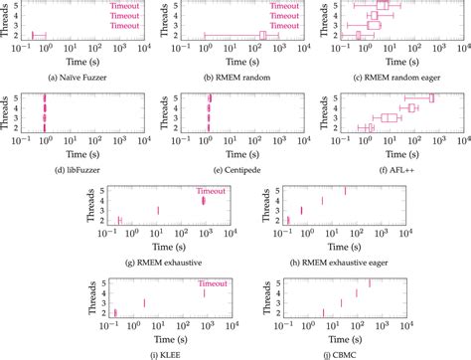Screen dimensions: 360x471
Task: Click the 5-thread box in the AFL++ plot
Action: click(x=432, y=97)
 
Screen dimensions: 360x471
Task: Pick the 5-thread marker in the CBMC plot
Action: click(x=370, y=283)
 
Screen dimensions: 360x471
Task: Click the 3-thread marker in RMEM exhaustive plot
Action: click(x=157, y=210)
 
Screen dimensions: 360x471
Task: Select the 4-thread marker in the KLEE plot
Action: click(x=204, y=292)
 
